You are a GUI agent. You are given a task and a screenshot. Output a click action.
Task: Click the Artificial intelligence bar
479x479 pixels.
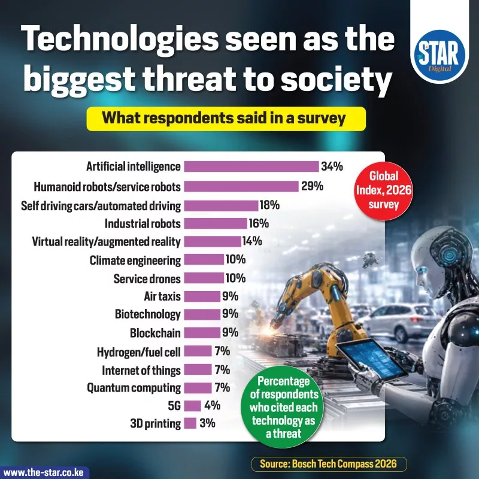pos(251,166)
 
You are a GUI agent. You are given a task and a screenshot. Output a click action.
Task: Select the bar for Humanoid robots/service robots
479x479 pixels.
pos(241,186)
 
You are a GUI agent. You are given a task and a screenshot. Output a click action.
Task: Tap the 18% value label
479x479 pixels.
pos(270,205)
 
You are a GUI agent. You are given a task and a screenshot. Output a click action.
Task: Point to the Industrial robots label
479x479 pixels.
pos(143,223)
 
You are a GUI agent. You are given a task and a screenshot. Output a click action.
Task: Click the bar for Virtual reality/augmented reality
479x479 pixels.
pos(213,241)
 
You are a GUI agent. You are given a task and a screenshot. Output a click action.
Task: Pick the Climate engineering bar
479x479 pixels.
pos(204,260)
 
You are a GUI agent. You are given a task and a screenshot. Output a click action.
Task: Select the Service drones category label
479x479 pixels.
pos(147,278)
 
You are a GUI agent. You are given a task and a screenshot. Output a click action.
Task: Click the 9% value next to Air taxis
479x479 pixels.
pos(231,296)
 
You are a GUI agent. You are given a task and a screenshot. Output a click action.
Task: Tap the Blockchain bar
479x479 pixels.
pos(202,333)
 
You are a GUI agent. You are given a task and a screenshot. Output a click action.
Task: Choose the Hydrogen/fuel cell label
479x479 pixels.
pos(139,352)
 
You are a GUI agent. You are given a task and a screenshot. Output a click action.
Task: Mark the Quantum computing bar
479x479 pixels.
pos(198,387)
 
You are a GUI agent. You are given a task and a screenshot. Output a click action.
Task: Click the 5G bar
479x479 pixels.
pos(192,406)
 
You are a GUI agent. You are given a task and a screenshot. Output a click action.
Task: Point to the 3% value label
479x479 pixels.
pos(207,423)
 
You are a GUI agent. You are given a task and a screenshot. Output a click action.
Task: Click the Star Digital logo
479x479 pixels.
pos(439,56)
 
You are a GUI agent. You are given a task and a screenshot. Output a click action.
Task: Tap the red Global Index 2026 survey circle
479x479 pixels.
pos(384,190)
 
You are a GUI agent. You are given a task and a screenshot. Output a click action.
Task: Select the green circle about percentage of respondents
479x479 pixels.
pos(284,407)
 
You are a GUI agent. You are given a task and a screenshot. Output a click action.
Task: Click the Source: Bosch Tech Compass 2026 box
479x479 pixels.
pos(329,464)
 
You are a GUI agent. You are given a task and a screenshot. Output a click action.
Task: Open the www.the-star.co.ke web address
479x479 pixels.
pos(43,472)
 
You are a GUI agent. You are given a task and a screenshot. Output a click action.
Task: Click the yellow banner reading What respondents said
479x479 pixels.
pos(226,119)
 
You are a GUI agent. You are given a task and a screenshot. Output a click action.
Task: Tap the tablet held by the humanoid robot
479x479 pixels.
pos(372,358)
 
